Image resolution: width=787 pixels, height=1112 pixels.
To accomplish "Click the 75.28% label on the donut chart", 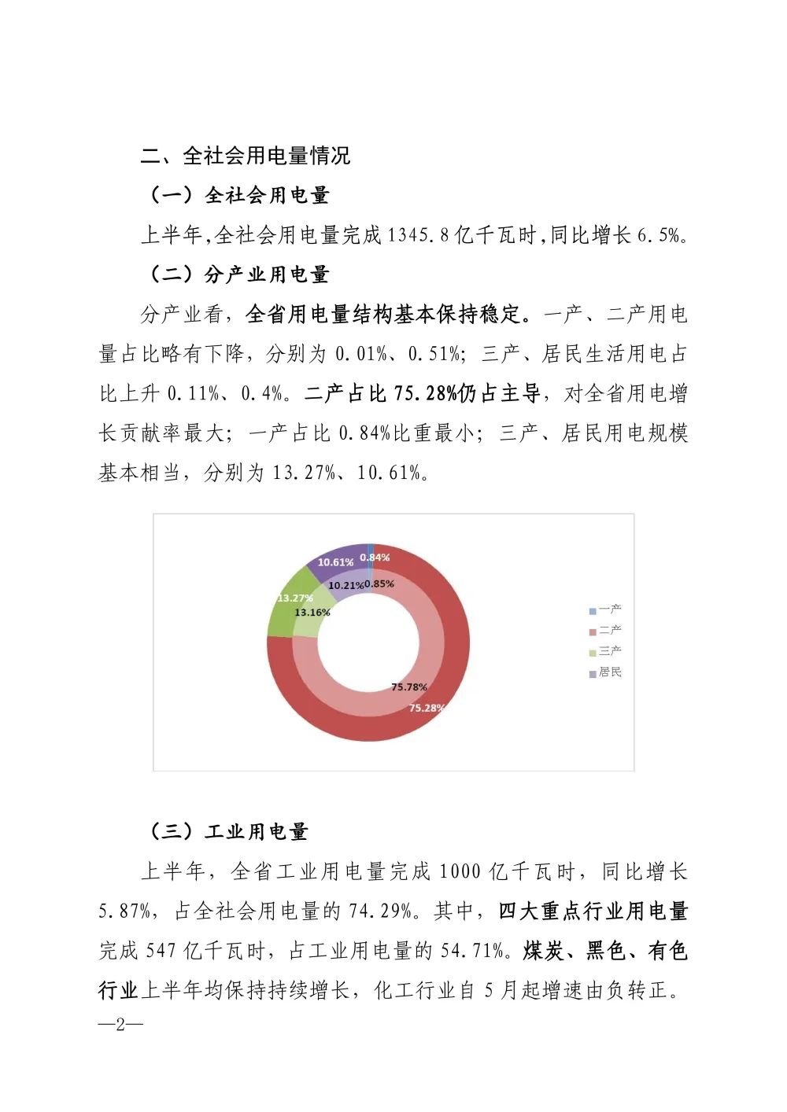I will point(427,708).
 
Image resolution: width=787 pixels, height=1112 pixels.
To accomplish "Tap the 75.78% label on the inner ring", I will point(409,687).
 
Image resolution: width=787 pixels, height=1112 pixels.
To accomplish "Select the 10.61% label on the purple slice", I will point(335,562).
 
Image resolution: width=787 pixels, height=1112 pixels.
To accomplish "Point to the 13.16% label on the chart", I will point(312,612).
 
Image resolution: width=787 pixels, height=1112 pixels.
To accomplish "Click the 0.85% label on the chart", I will point(379,584).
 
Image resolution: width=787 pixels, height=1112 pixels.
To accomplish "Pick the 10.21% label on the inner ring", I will point(345,585).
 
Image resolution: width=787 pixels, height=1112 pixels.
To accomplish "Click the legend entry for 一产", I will point(605,609).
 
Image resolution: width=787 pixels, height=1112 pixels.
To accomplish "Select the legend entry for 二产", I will point(605,630).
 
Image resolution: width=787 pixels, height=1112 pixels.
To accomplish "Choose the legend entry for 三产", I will point(605,651).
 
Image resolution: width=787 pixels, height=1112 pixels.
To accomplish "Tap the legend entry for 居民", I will point(605,672).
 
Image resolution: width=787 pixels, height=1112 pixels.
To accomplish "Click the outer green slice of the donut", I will point(282,617).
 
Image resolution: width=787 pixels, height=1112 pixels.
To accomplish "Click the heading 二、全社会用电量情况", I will point(246,156).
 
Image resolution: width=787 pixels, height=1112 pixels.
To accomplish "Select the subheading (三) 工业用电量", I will point(228,831).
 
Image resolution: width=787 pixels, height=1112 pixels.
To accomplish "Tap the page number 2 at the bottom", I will point(120,1024).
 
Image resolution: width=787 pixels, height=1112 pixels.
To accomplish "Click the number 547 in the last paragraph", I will point(161,951).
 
